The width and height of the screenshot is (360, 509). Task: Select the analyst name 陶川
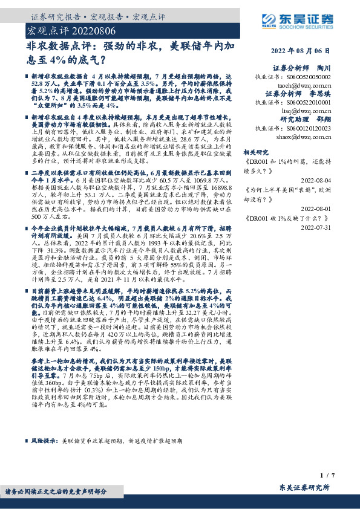tap(324, 68)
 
